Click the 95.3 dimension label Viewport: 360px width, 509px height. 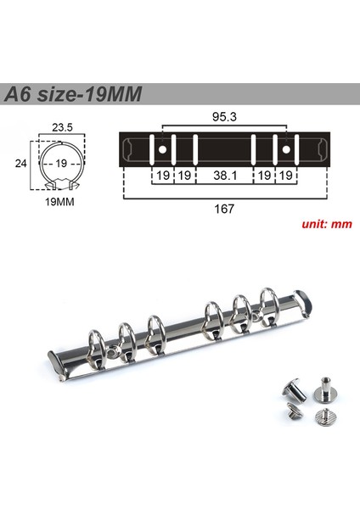[224, 117]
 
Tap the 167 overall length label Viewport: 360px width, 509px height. [224, 209]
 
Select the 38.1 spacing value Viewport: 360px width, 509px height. [225, 176]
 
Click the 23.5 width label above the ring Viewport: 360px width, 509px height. [62, 127]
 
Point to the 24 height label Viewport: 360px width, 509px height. [20, 164]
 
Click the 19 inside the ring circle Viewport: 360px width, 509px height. [61, 163]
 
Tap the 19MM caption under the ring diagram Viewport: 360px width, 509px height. [59, 202]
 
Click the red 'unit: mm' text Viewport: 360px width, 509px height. [327, 224]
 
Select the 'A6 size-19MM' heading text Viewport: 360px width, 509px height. [73, 94]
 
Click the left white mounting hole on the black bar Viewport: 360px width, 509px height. [162, 149]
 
